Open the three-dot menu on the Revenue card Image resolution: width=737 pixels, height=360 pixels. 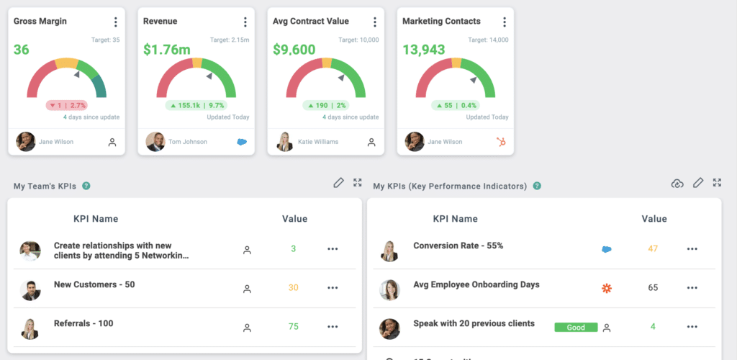coord(245,22)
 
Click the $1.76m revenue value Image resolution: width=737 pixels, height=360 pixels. coord(166,50)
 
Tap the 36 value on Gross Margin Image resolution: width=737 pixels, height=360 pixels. coord(22,50)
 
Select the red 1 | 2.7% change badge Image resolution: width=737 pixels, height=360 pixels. coord(66,105)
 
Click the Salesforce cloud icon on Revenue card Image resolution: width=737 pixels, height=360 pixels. coord(242,142)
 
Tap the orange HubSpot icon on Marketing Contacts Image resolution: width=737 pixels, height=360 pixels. coord(501,142)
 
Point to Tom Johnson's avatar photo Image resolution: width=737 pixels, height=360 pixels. coord(155,142)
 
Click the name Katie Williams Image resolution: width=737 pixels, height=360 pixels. coord(317,142)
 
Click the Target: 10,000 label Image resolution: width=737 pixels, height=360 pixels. coord(358,40)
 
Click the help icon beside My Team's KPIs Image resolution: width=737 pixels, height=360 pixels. coord(86,186)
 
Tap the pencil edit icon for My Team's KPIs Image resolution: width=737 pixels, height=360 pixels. coord(338,183)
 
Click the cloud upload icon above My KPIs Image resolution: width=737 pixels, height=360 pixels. coord(677,184)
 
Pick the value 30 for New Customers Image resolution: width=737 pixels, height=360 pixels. coord(294,287)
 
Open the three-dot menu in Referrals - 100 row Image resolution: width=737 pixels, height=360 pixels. coord(333,326)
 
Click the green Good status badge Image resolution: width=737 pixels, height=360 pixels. coord(576,327)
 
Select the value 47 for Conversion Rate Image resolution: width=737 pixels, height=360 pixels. coord(653,248)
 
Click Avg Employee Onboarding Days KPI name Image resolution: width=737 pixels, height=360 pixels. coord(476,284)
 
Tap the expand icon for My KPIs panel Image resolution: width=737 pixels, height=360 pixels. coord(717,183)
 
